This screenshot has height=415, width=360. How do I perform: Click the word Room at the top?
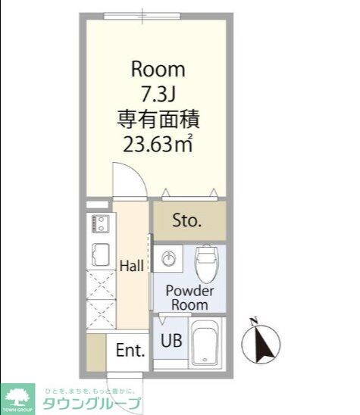pos(158,70)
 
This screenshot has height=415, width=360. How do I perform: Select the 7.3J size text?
pos(158,95)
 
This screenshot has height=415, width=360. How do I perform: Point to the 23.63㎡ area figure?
pos(158,144)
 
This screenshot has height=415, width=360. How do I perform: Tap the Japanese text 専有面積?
pos(158,119)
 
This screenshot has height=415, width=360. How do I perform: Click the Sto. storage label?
pos(186,221)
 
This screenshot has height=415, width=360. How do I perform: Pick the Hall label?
pos(132,266)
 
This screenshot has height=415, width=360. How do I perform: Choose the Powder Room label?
pos(189,298)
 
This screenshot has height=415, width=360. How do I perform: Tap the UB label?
pos(170,341)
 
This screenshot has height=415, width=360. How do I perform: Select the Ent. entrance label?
pos(130,351)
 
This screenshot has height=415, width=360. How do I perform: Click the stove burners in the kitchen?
pos(99,224)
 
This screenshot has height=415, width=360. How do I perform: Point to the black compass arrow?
pos(265,345)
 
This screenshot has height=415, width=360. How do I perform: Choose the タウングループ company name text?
pos(91,402)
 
